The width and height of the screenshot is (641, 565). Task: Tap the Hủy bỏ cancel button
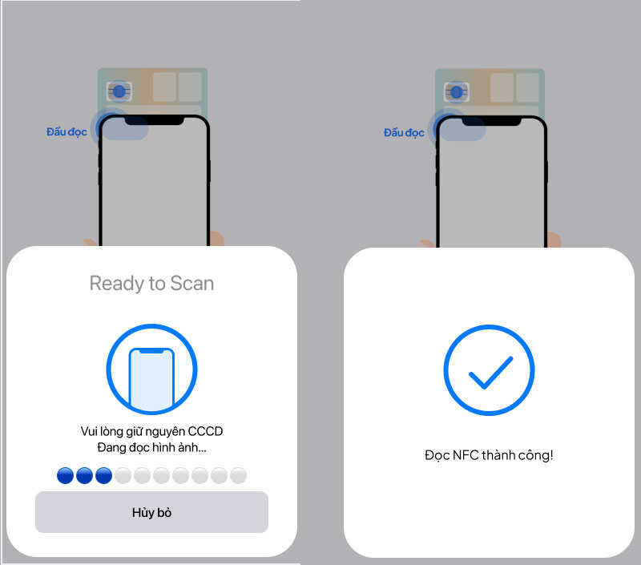click(151, 512)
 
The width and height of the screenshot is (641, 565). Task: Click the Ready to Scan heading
click(151, 284)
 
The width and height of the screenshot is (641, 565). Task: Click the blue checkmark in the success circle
click(490, 373)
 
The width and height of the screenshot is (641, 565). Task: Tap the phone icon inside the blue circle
click(151, 379)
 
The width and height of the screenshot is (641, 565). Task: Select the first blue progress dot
click(66, 475)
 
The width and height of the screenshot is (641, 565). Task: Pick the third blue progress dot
click(104, 475)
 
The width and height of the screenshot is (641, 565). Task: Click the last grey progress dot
click(238, 475)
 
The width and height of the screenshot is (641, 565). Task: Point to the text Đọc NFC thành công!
click(489, 455)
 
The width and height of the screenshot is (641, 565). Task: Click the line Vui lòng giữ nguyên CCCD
click(151, 431)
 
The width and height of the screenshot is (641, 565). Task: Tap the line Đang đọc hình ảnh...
click(151, 447)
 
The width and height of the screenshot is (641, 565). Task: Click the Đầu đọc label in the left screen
click(67, 132)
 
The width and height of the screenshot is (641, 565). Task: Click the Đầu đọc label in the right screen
click(404, 133)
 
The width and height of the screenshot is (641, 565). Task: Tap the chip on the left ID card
click(119, 91)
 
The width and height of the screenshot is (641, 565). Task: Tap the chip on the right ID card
click(457, 92)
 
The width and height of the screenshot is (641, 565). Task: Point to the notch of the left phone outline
click(154, 120)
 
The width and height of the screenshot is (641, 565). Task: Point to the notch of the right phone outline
click(491, 121)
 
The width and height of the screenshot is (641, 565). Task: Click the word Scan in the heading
click(191, 284)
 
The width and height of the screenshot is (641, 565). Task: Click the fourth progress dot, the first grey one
click(123, 475)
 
